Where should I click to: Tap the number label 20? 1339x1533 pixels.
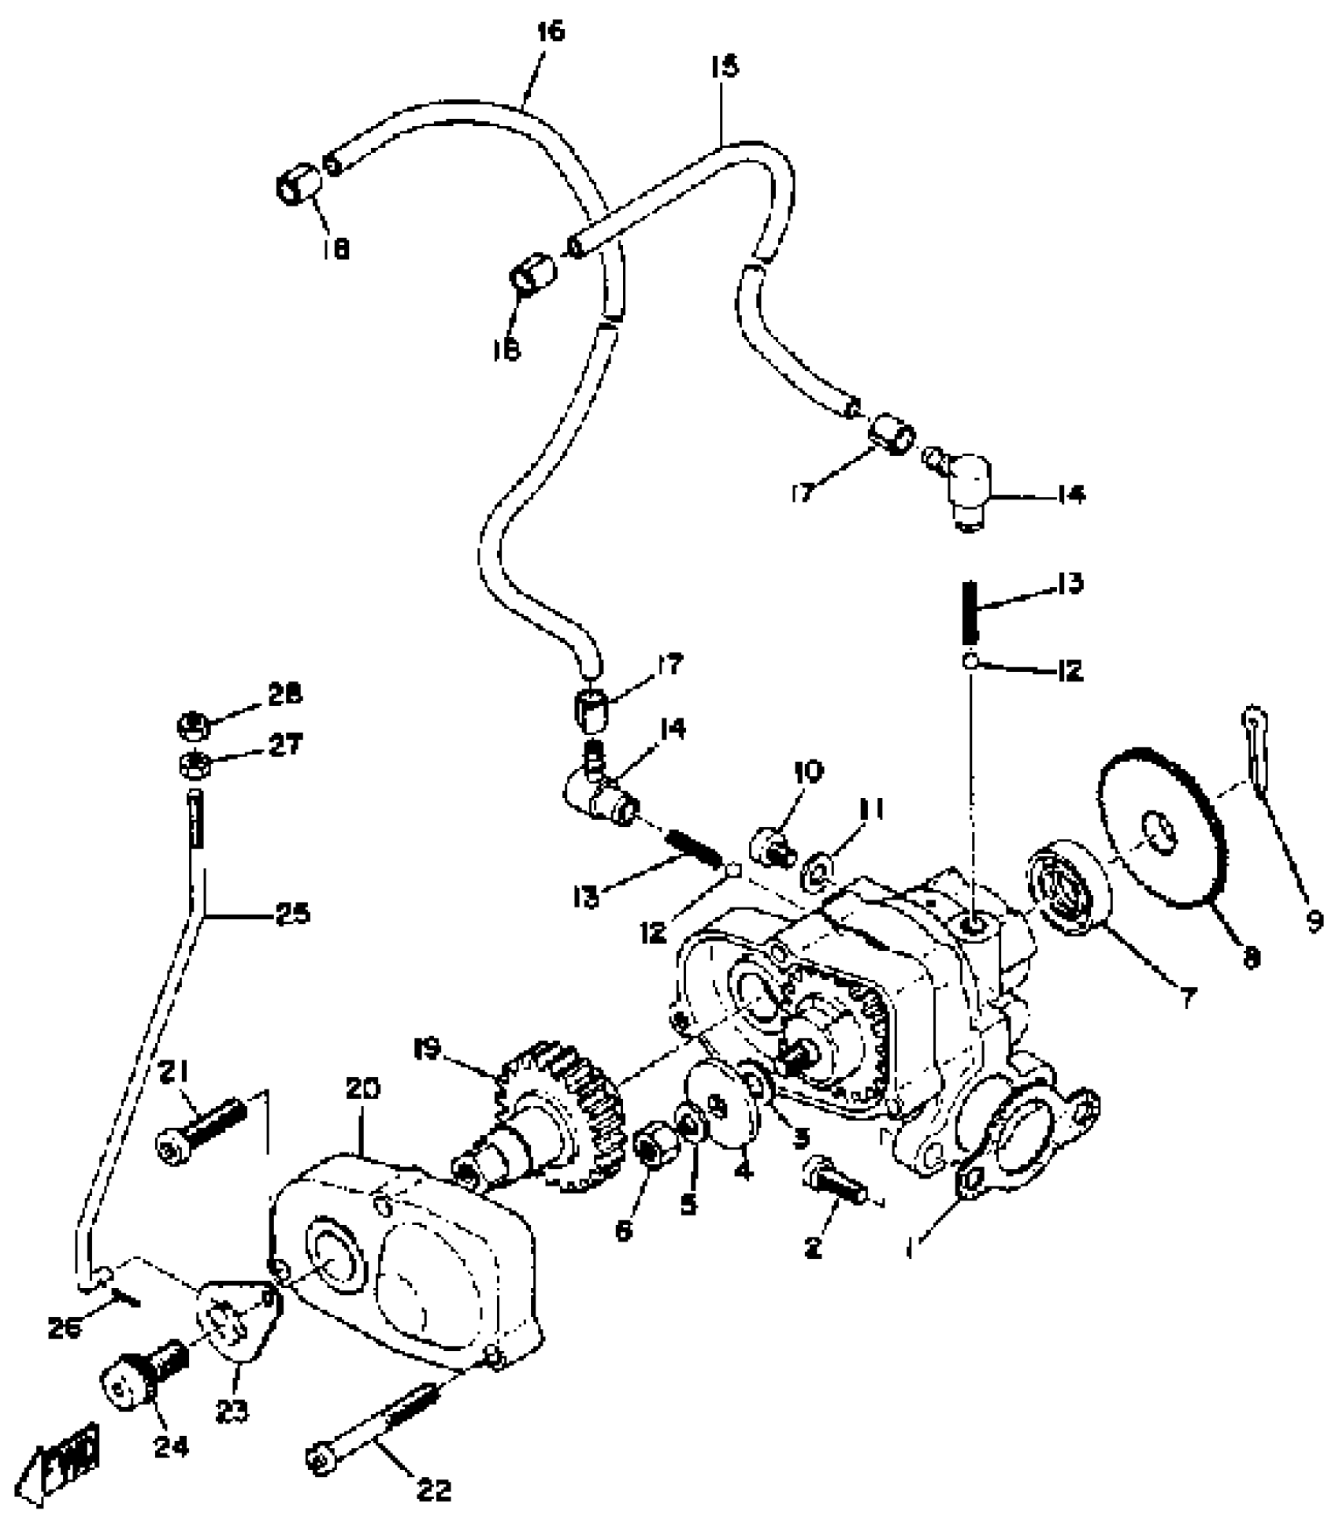click(x=362, y=1089)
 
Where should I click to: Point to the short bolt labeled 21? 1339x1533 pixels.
click(x=203, y=1129)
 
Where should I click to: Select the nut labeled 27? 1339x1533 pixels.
click(x=191, y=763)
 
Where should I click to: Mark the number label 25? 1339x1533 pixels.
click(x=292, y=915)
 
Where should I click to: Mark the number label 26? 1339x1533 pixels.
click(x=65, y=1329)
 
